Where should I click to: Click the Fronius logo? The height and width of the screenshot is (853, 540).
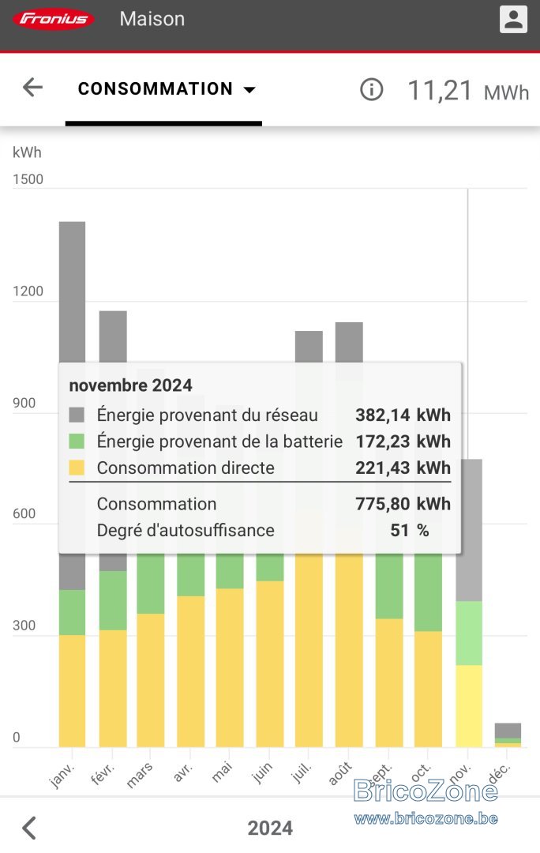54,20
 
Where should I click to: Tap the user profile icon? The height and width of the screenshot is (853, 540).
513,19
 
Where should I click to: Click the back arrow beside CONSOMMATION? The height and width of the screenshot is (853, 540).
32,87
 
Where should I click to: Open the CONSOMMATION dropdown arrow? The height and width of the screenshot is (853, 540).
249,90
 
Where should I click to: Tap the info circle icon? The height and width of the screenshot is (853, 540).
371,89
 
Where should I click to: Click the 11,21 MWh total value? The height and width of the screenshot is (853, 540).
468,90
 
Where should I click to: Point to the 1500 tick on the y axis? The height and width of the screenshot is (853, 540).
28,179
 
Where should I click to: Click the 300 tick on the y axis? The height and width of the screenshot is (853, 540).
24,626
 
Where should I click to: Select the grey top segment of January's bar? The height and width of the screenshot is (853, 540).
73,291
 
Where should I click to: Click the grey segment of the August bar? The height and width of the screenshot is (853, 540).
349,342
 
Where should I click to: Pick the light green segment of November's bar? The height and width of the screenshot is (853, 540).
469,633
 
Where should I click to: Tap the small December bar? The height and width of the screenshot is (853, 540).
508,735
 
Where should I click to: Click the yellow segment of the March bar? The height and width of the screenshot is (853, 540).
151,680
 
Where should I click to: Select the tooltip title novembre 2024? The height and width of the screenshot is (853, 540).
130,385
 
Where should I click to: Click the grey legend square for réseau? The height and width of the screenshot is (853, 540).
77,415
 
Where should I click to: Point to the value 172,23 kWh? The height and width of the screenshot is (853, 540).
403,442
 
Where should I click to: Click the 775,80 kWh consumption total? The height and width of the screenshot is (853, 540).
403,504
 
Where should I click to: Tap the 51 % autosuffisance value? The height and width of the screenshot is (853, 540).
410,531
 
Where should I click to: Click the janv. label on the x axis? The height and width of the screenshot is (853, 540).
62,775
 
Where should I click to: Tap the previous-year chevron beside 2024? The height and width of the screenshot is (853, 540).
29,828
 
